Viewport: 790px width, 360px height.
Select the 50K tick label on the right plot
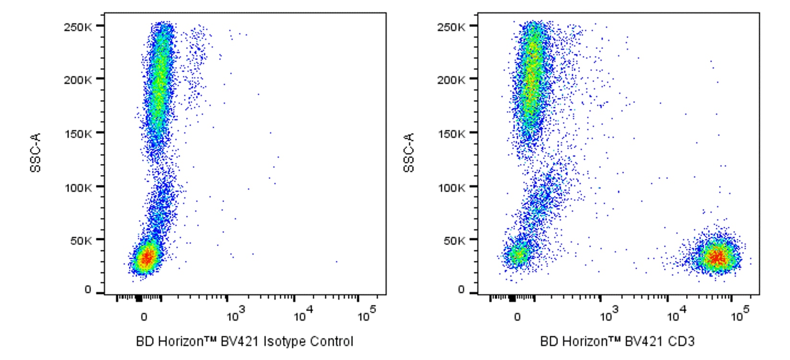coord(453,241)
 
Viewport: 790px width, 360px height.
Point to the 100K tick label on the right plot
coord(450,187)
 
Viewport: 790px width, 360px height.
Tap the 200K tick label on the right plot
coord(450,80)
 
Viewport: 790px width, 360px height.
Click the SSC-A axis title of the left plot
coord(35,152)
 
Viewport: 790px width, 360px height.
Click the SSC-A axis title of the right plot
coord(409,152)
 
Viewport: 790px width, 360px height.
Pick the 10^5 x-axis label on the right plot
coord(740,315)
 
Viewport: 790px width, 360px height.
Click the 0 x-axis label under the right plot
coord(517,317)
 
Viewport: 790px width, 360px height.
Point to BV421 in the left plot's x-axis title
coord(240,342)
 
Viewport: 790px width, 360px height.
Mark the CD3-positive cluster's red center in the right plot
coord(717,257)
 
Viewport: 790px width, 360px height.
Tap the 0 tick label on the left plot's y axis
coord(88,290)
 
